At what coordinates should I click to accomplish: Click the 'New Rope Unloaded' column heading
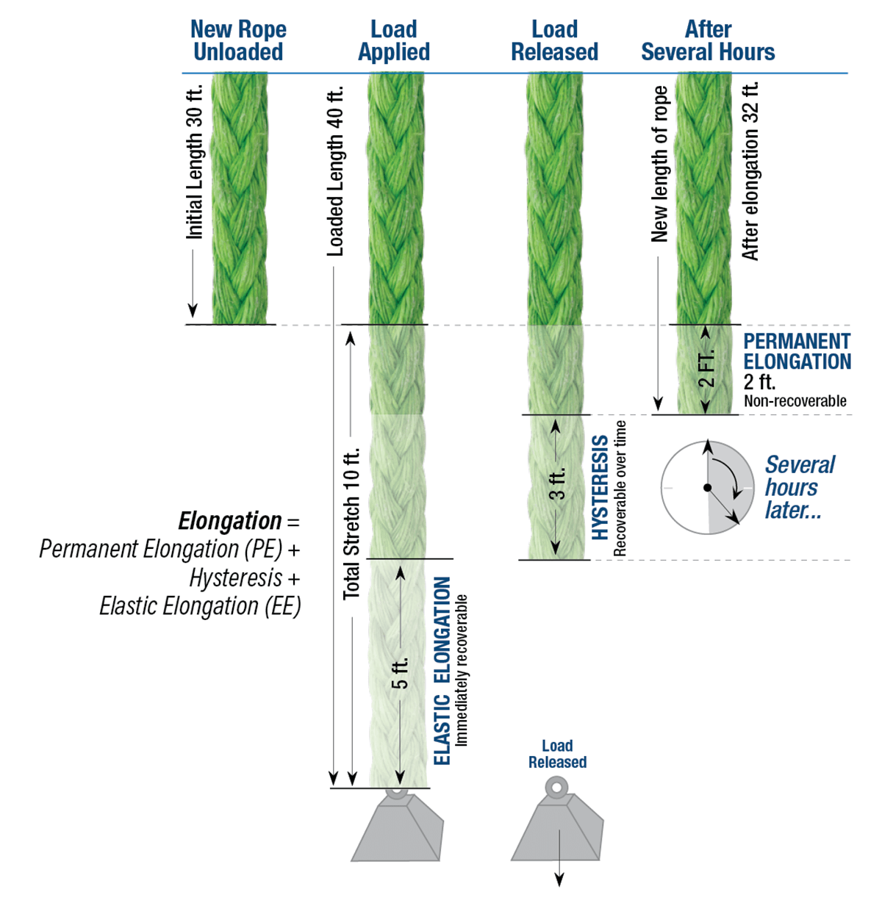click(x=238, y=40)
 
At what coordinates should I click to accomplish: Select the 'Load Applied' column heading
click(x=394, y=40)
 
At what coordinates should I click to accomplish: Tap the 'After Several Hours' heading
click(x=708, y=40)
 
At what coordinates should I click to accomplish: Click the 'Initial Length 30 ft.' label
click(x=194, y=162)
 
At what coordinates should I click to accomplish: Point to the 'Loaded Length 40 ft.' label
click(x=335, y=172)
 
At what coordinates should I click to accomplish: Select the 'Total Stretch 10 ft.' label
click(x=352, y=522)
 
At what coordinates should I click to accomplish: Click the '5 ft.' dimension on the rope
click(x=400, y=673)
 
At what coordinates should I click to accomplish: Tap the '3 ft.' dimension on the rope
click(x=557, y=483)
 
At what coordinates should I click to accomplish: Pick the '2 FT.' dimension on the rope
click(x=706, y=369)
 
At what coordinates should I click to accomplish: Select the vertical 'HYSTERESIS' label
click(x=600, y=486)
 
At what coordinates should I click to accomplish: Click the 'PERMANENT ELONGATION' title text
click(x=797, y=352)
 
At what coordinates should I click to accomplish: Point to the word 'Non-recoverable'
click(x=795, y=401)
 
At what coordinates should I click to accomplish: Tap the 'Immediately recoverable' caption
click(x=462, y=670)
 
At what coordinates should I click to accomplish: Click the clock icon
click(x=707, y=487)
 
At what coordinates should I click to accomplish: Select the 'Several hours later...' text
click(x=798, y=487)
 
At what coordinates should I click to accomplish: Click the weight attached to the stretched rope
click(x=398, y=829)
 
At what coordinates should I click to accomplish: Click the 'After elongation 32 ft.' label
click(x=750, y=171)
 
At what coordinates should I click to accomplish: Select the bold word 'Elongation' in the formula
click(x=229, y=521)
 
